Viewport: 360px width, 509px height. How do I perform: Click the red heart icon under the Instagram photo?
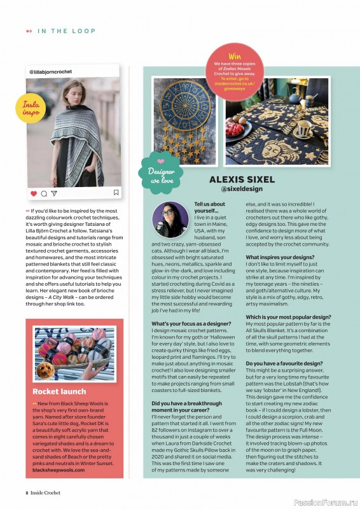(34, 193)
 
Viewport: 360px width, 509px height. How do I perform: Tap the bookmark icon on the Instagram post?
(116, 192)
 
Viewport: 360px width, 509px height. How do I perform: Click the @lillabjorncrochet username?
(51, 72)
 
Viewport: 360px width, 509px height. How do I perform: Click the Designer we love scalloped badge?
(162, 172)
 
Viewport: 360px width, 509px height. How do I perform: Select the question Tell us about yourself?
(209, 207)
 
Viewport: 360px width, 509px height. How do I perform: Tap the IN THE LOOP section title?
(66, 31)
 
